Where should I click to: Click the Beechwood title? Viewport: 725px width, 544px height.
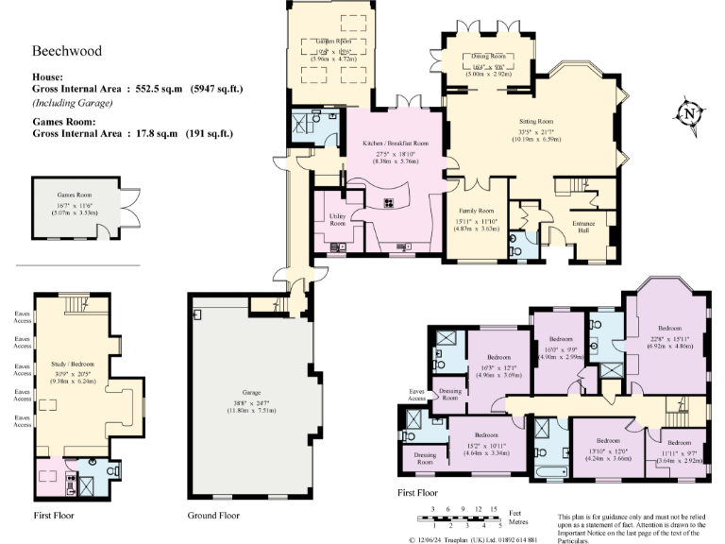point(67,51)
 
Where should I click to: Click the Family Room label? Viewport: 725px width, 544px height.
point(477,211)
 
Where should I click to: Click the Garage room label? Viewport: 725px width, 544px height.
point(251,391)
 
